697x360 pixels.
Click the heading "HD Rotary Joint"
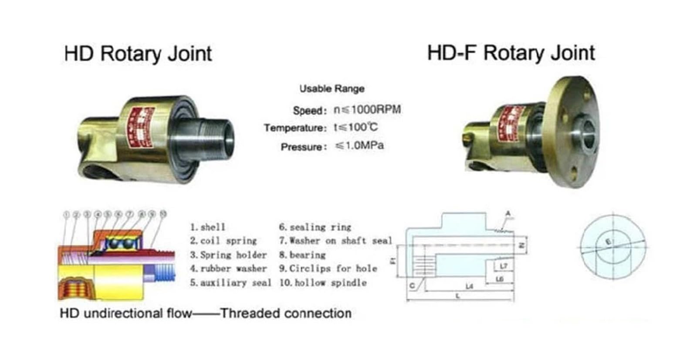[x=138, y=54]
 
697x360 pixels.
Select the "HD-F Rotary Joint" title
[x=511, y=53]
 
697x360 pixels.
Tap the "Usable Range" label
[x=332, y=89]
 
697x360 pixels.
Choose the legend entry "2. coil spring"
[x=223, y=241]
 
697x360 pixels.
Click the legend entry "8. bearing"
[x=302, y=255]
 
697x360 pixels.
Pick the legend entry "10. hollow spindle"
[x=323, y=283]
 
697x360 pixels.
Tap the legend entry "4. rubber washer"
[x=228, y=269]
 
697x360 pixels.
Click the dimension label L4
[x=469, y=286]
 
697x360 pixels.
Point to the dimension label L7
[x=503, y=266]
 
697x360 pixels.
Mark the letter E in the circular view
[x=609, y=241]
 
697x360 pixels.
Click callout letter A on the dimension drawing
[x=508, y=214]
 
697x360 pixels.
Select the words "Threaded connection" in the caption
[x=286, y=313]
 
